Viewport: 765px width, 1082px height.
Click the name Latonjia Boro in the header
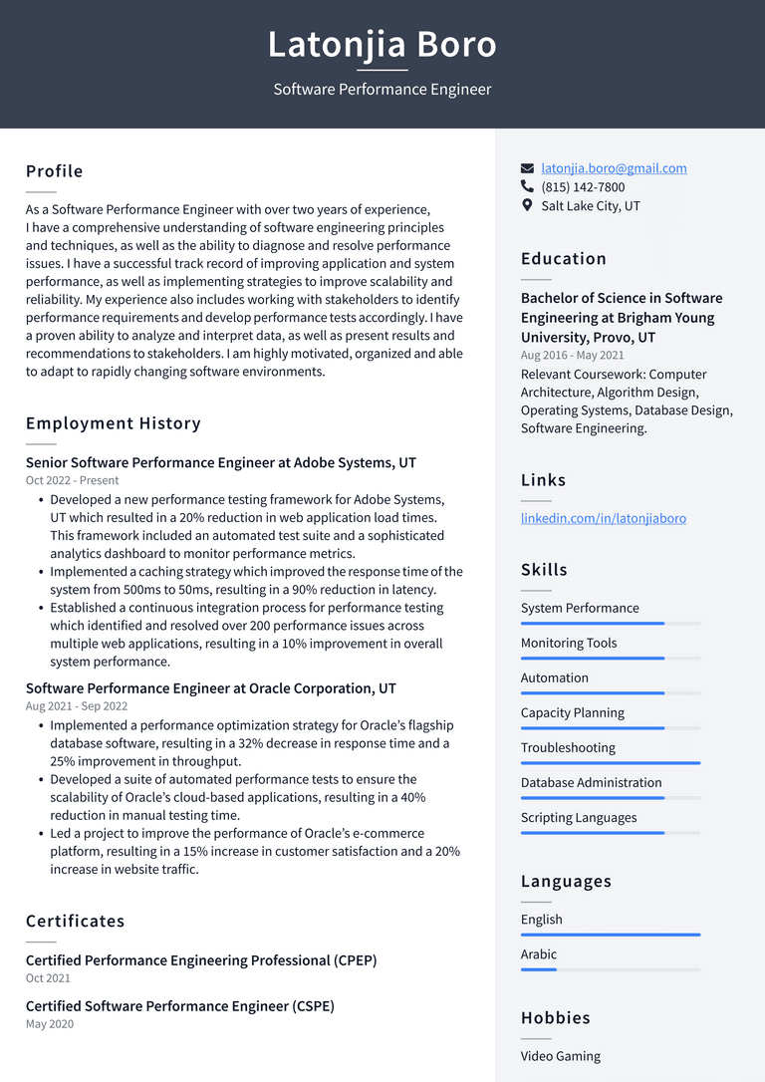[382, 45]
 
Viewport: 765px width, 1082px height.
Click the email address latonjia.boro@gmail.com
[614, 168]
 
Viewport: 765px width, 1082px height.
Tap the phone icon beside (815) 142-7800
[528, 186]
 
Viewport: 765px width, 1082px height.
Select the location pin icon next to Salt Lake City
[528, 205]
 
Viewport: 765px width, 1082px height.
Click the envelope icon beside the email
[528, 168]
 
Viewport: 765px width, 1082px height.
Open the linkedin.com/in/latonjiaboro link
[603, 518]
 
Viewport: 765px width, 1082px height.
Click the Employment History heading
[114, 423]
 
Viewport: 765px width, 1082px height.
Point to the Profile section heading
[55, 171]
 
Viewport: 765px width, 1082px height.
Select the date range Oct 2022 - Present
[72, 480]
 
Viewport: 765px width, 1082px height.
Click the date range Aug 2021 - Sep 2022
[77, 705]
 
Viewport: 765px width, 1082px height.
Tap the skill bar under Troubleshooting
[610, 763]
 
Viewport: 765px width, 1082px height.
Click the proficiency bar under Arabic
[610, 969]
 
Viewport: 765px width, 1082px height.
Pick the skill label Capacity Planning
[573, 712]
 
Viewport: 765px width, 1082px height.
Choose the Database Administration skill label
[591, 782]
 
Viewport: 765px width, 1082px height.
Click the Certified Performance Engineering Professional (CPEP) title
[201, 960]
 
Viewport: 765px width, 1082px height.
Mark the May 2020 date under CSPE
[50, 1024]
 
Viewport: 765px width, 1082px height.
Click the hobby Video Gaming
[560, 1056]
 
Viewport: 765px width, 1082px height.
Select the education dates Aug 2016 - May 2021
[573, 356]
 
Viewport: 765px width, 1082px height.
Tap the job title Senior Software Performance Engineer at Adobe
[221, 462]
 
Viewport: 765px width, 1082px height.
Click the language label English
[541, 920]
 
